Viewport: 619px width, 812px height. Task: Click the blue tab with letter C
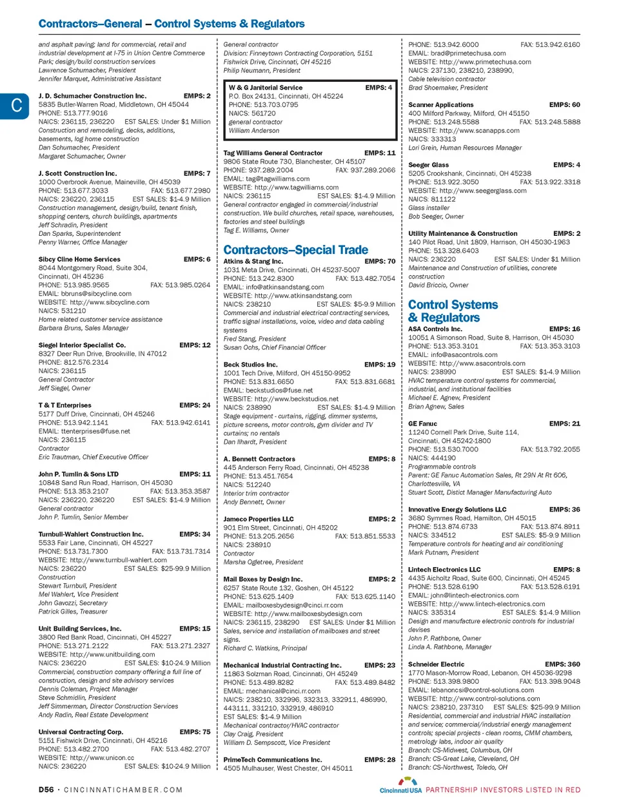[15, 106]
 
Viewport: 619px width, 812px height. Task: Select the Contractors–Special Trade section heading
[295, 250]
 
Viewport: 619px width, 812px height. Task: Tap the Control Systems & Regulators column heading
[453, 311]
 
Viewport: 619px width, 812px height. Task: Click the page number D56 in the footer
[46, 789]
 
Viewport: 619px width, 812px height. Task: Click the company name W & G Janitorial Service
[266, 88]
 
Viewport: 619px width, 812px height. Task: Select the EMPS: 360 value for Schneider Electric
[562, 664]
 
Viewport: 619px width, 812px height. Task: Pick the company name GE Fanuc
[422, 424]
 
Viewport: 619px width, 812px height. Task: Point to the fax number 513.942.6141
[181, 423]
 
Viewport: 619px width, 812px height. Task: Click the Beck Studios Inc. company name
[250, 365]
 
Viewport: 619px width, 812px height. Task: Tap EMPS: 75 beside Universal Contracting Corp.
[195, 732]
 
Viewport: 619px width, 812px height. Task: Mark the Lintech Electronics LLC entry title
[444, 570]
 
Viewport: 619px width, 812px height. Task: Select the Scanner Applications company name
[440, 105]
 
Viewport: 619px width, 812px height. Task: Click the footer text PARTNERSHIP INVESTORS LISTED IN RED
[503, 789]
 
